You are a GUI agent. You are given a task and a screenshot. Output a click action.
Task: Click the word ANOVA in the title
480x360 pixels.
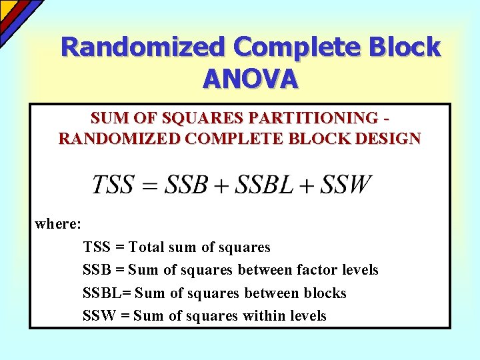[250, 79]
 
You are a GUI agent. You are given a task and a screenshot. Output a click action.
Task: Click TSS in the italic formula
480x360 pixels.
[113, 184]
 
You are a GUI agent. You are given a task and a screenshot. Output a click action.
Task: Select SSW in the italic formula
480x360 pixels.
[345, 184]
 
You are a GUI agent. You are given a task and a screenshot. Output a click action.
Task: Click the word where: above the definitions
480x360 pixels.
[58, 223]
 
